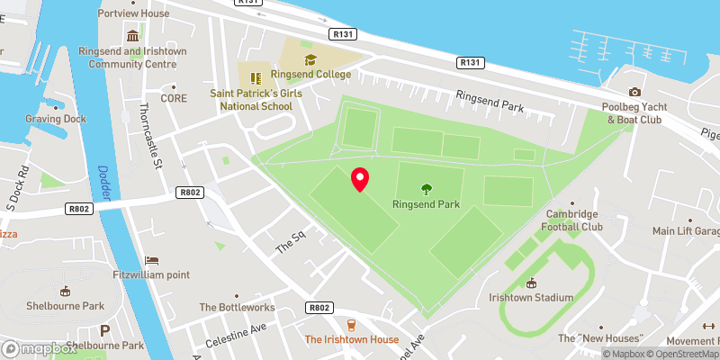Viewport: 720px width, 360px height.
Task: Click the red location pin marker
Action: (359, 179)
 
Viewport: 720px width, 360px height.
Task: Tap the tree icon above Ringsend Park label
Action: (426, 189)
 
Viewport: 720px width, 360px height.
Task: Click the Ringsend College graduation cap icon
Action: (310, 59)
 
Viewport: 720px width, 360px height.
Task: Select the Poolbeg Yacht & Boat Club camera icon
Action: (634, 93)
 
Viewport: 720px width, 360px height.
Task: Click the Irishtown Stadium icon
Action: (531, 283)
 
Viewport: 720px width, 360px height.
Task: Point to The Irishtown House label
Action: (351, 339)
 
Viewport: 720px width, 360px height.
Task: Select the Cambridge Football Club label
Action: (571, 220)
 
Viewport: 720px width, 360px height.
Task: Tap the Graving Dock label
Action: (55, 119)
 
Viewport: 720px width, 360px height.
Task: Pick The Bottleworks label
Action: (237, 307)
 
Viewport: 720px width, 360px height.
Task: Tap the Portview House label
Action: (133, 13)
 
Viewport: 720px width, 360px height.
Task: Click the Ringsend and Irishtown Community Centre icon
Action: (132, 36)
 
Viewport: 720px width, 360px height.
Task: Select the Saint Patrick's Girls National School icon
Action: (255, 77)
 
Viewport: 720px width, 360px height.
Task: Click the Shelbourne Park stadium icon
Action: (64, 291)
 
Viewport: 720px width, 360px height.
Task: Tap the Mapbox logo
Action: (38, 348)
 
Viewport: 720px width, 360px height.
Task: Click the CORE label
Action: (174, 98)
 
